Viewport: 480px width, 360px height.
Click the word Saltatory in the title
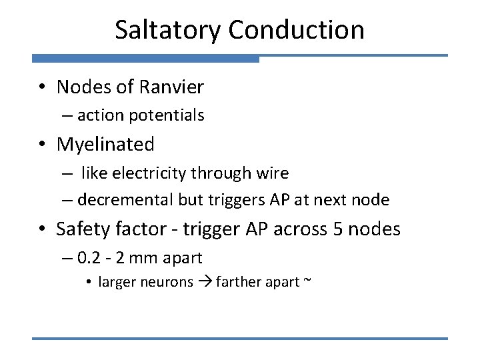pyautogui.click(x=168, y=30)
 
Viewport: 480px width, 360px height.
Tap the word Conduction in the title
pyautogui.click(x=297, y=30)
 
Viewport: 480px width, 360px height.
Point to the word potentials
pyautogui.click(x=167, y=116)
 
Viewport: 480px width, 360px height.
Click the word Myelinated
pyautogui.click(x=105, y=144)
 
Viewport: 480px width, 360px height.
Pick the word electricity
pyautogui.click(x=151, y=173)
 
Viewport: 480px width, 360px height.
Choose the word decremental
pyautogui.click(x=126, y=199)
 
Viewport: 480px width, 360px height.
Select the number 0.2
pyautogui.click(x=87, y=257)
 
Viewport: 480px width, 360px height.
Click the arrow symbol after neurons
pyautogui.click(x=205, y=282)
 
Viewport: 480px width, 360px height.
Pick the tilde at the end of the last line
pyautogui.click(x=307, y=281)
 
